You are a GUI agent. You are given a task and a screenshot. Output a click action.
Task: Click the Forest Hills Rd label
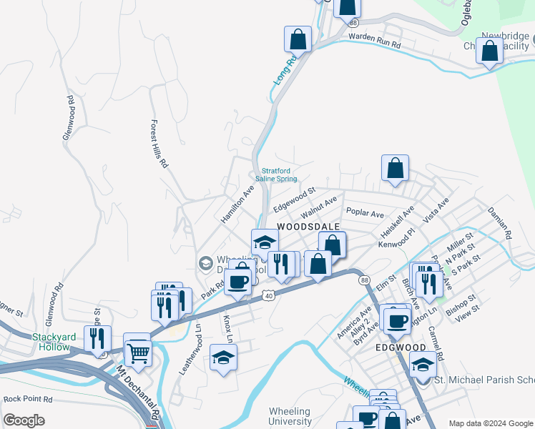click(158, 144)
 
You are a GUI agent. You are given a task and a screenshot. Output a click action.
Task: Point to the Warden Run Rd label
click(375, 40)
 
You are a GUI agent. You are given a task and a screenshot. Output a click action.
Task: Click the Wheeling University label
click(290, 416)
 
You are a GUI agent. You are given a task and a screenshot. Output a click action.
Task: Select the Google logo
click(24, 420)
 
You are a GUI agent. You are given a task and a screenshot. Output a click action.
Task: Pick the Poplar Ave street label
click(365, 213)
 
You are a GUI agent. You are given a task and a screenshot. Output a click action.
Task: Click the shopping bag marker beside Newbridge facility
click(489, 52)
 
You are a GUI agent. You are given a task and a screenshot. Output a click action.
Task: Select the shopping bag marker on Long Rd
click(298, 39)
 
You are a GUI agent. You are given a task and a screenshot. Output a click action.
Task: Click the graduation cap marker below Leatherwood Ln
click(223, 357)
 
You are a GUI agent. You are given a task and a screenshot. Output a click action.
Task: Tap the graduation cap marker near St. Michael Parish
click(423, 366)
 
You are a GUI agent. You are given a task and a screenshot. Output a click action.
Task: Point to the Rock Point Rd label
click(28, 399)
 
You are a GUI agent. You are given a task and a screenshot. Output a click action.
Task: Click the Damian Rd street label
click(500, 224)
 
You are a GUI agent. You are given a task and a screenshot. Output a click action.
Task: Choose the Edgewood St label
click(293, 199)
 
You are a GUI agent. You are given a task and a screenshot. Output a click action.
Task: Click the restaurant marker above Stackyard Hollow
click(97, 339)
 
